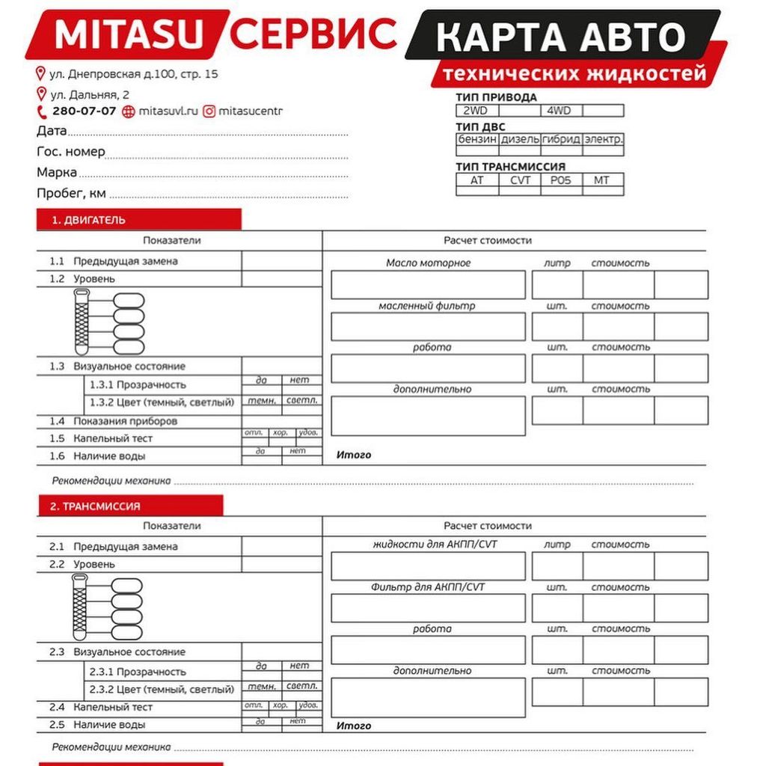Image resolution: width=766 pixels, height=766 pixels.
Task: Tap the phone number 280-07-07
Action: point(84,111)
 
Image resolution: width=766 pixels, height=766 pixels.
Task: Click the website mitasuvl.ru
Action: point(169,111)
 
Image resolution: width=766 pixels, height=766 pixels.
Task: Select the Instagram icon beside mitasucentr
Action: point(209,111)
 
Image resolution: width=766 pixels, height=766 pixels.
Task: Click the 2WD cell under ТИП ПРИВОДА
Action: point(476,111)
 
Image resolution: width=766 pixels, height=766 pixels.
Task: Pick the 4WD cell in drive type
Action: point(559,111)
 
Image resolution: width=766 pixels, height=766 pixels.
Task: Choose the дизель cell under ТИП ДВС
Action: point(519,140)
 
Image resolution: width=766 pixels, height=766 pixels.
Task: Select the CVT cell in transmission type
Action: point(519,180)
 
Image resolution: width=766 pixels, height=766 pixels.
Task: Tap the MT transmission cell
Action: point(601,180)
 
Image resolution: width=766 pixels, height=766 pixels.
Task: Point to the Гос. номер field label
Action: point(71,152)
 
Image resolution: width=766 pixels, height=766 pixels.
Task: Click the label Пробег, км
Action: point(71,194)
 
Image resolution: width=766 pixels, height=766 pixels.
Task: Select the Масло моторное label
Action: point(428,263)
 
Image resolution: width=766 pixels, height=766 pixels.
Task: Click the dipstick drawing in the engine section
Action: point(82,322)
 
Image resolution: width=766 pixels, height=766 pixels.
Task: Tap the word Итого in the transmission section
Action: point(353,726)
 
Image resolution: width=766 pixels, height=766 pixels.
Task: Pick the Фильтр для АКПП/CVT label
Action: point(428,587)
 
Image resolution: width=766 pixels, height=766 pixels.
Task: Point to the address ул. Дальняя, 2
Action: point(89,94)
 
